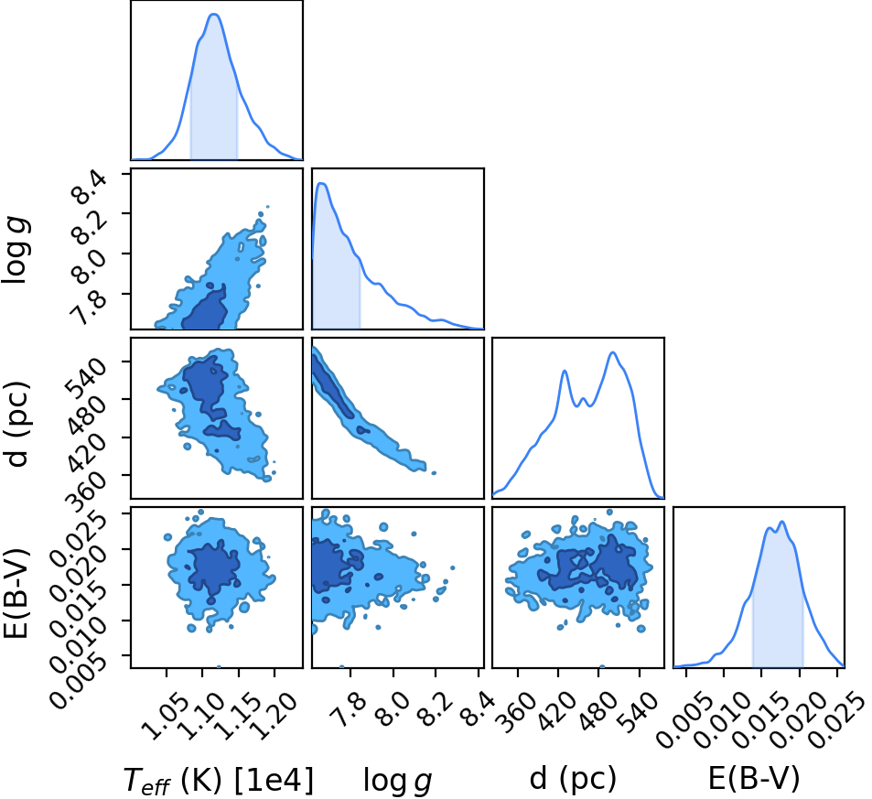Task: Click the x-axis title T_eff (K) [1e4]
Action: pos(219,780)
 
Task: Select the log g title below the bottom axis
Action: pos(398,780)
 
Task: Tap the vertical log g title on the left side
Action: pos(16,251)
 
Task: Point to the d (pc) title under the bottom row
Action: pos(573,778)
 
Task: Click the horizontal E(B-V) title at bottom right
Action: pos(754,778)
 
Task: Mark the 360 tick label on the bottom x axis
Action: pos(518,697)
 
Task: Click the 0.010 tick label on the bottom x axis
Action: pos(718,707)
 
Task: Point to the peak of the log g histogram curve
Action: pos(321,183)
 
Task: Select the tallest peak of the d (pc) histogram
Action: pos(613,352)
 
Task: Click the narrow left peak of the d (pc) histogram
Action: pos(565,371)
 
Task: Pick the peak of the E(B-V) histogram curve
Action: pos(782,522)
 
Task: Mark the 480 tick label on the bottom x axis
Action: pos(600,697)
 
